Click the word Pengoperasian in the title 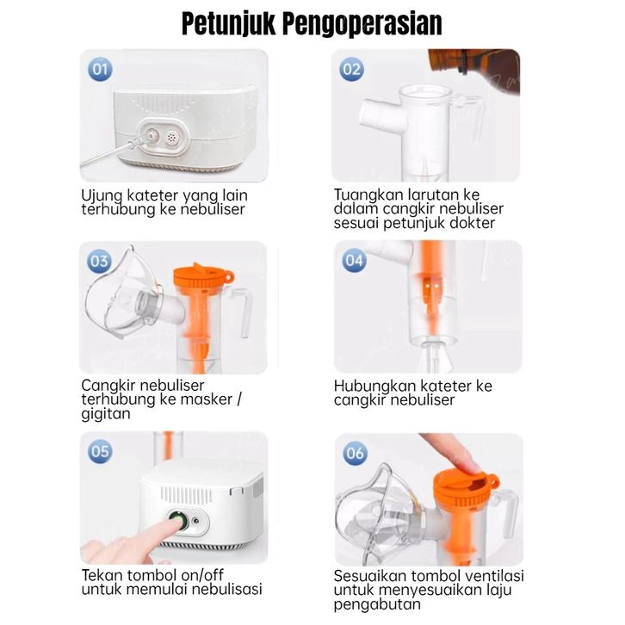click(x=362, y=24)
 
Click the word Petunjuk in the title click(x=229, y=24)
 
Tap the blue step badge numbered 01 click(x=100, y=69)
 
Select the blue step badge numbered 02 click(x=351, y=69)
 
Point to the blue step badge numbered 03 click(x=99, y=261)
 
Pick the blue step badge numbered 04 click(x=355, y=260)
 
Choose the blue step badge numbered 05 click(x=100, y=451)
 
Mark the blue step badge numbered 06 click(x=356, y=453)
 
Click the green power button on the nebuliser click(x=177, y=521)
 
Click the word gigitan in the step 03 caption click(x=106, y=413)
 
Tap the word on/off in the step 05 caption click(x=202, y=575)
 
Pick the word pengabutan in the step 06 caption click(x=377, y=604)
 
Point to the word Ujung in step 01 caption click(x=102, y=195)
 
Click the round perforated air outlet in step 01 click(x=172, y=138)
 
